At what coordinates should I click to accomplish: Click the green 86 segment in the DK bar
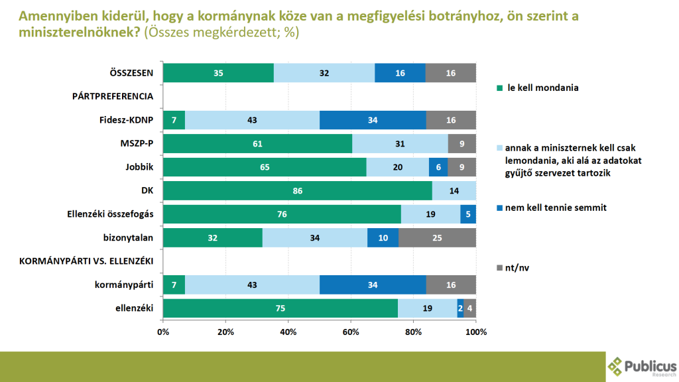(297, 191)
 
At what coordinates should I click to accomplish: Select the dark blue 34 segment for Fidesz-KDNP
(373, 120)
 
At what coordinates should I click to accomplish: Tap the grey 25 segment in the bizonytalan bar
(437, 238)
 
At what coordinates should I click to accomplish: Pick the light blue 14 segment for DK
(454, 191)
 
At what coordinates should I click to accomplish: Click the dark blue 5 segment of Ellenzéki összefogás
(468, 214)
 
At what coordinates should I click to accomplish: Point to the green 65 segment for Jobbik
(264, 167)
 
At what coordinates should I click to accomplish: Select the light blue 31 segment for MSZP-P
(400, 143)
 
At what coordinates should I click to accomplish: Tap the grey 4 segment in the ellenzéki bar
(469, 309)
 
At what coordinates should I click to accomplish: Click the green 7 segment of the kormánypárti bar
(174, 285)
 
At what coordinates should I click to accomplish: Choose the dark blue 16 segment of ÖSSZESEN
(400, 73)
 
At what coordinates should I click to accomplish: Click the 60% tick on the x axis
(351, 331)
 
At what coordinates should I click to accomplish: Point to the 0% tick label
(163, 331)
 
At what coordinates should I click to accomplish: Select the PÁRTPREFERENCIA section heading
(113, 96)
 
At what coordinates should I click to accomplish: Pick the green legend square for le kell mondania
(499, 88)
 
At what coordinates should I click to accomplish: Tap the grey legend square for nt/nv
(499, 268)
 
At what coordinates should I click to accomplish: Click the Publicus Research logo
(642, 367)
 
